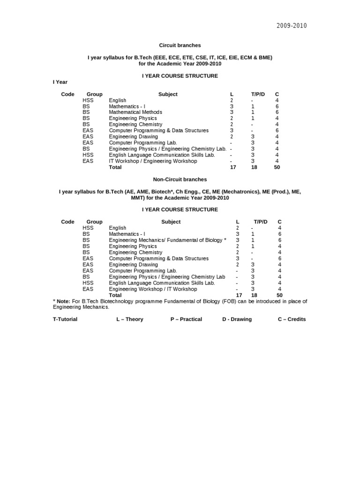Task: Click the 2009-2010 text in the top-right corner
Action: pyautogui.click(x=291, y=26)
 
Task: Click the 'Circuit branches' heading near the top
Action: pyautogui.click(x=180, y=45)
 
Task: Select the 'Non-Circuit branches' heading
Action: pyautogui.click(x=180, y=180)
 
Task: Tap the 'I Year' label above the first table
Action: pyautogui.click(x=60, y=82)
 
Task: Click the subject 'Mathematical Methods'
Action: pyautogui.click(x=135, y=112)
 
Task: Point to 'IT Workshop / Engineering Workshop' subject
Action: pyautogui.click(x=153, y=161)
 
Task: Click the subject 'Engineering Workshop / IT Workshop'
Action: pyautogui.click(x=153, y=289)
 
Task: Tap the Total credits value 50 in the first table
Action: pyautogui.click(x=277, y=167)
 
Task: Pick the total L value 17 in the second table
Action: pyautogui.click(x=239, y=295)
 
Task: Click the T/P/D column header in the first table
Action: pyautogui.click(x=258, y=94)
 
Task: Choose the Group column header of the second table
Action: pyautogui.click(x=94, y=222)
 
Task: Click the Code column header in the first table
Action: pyautogui.click(x=68, y=94)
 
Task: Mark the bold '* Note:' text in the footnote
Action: pyautogui.click(x=62, y=301)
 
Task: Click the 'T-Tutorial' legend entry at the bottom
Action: pyautogui.click(x=65, y=319)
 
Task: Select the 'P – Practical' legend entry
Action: pyautogui.click(x=186, y=319)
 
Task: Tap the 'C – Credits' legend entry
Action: pyautogui.click(x=292, y=319)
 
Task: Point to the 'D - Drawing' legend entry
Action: pyautogui.click(x=237, y=319)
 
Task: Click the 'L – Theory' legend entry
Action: pyautogui.click(x=130, y=319)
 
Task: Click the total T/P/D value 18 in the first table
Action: pyautogui.click(x=255, y=167)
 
